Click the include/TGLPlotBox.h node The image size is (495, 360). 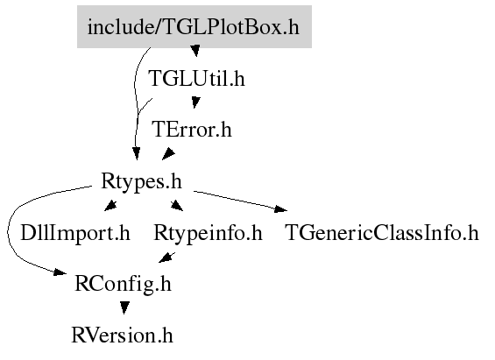(x=194, y=27)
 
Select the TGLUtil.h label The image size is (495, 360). (x=196, y=79)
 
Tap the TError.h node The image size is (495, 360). (x=192, y=130)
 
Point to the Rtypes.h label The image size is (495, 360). (x=141, y=182)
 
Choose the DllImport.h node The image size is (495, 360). (x=75, y=233)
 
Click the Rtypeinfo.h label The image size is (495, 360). (x=208, y=234)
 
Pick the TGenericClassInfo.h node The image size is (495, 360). (x=382, y=233)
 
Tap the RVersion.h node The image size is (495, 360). (x=122, y=335)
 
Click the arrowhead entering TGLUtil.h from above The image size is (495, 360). (x=195, y=51)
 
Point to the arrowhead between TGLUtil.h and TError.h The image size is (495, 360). (x=195, y=102)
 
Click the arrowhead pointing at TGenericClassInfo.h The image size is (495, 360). (x=280, y=208)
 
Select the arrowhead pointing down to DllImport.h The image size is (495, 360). (x=110, y=206)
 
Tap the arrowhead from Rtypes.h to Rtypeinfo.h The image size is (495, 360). (x=177, y=205)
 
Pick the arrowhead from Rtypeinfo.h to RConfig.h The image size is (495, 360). (x=166, y=258)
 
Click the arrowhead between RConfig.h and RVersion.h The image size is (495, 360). (x=124, y=307)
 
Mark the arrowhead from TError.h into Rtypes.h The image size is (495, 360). (x=168, y=153)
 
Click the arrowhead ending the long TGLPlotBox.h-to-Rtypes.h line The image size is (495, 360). (x=137, y=153)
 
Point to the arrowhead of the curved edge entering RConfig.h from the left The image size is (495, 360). (x=60, y=272)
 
